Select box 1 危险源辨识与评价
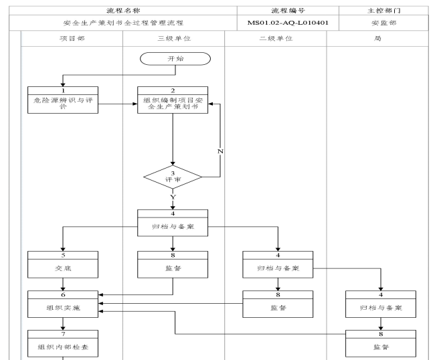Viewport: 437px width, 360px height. pos(63,104)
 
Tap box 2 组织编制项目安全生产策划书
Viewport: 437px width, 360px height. pos(173,104)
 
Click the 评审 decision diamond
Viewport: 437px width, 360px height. pos(173,178)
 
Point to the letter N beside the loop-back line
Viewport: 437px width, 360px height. pos(221,151)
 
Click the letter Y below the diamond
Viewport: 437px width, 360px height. pos(173,197)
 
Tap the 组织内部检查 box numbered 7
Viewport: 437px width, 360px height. pos(63,345)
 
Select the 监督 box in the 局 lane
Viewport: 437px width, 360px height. pos(381,345)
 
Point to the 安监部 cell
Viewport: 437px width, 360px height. pos(381,23)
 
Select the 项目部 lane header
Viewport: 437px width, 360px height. pos(72,39)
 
